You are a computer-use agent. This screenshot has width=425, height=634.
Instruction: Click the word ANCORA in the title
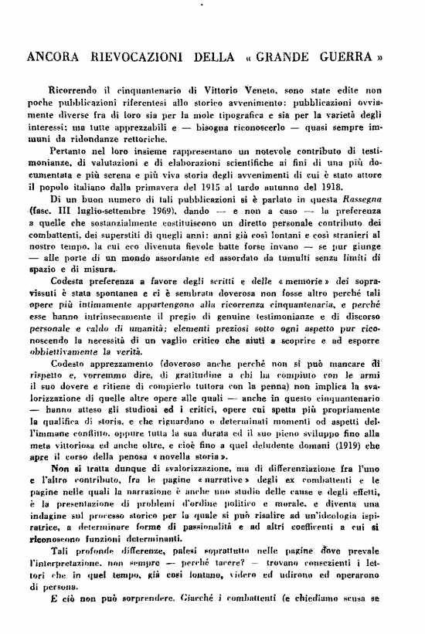(x=53, y=57)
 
